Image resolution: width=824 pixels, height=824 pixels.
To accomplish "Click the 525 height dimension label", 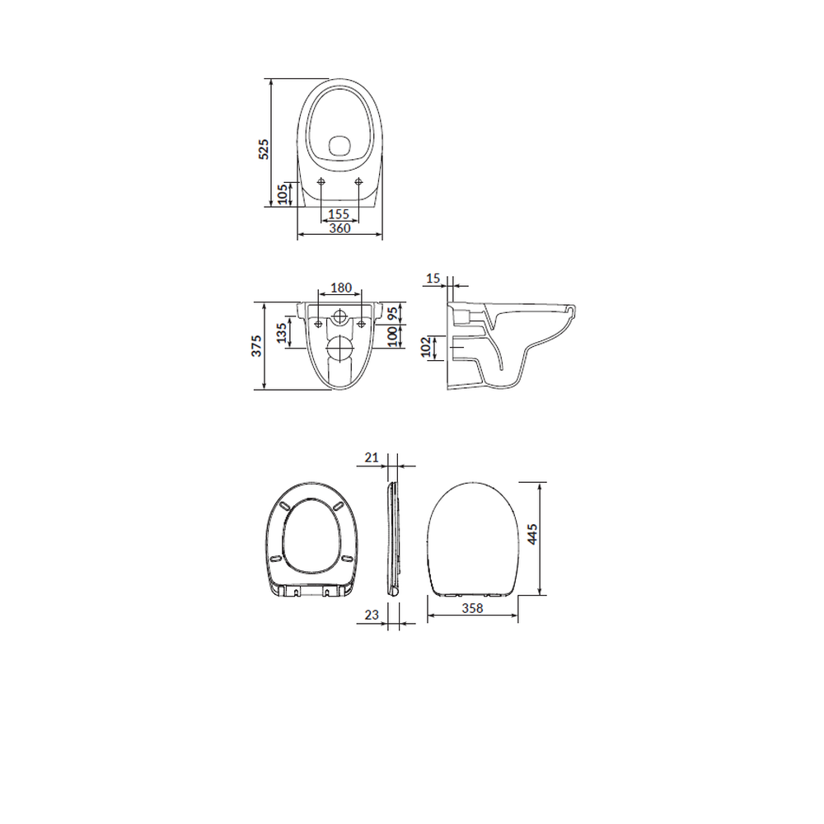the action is (264, 149).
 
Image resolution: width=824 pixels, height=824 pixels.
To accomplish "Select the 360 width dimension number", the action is (339, 228).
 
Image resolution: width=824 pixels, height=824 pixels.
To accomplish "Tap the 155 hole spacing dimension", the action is (339, 214).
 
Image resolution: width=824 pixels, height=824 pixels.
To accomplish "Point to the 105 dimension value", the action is (283, 194).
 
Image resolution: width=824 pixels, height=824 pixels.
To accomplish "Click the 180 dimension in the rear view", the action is (341, 288).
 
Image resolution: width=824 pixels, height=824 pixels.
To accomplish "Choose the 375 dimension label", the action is (256, 346).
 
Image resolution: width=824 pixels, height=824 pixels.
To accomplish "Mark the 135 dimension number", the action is (282, 333).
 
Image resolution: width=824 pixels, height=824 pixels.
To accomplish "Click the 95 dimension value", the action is (392, 314).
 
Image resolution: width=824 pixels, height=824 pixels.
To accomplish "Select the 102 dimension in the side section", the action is (426, 347).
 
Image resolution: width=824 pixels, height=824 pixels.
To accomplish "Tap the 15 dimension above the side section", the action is (433, 278).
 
